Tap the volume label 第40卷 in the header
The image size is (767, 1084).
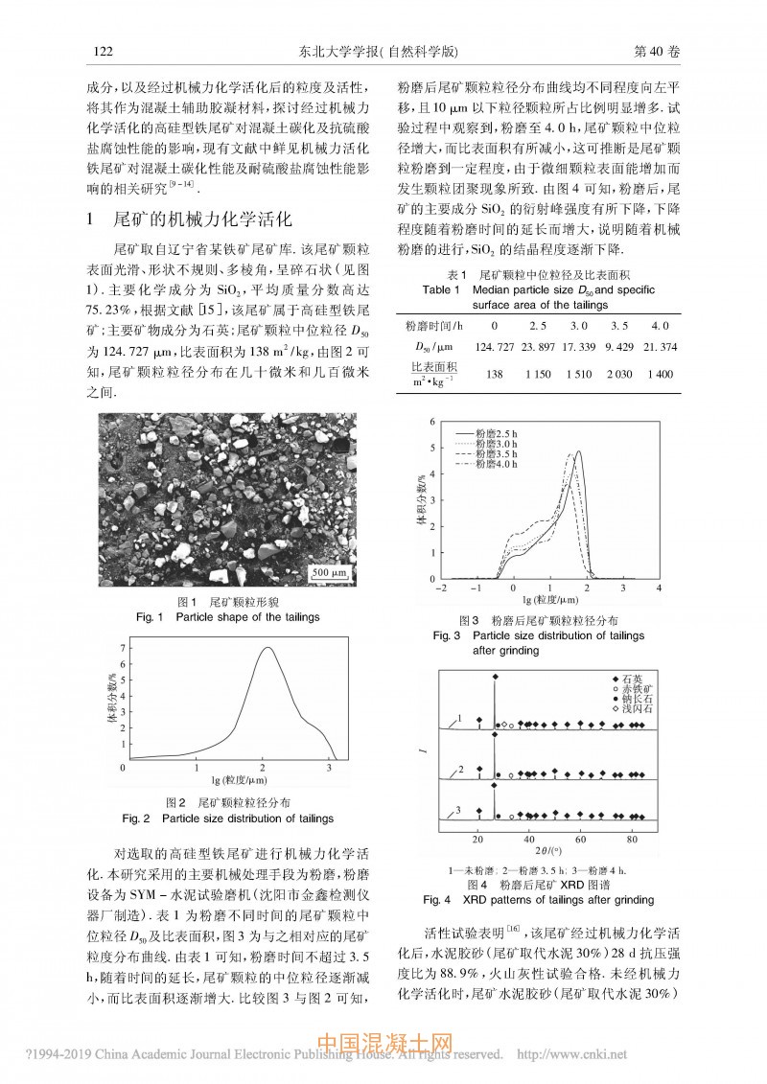[x=650, y=51]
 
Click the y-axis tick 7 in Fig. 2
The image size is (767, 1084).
[x=121, y=649]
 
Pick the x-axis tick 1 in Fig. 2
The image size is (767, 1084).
[x=195, y=769]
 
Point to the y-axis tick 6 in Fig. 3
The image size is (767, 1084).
[x=433, y=422]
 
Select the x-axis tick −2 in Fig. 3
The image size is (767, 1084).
[x=441, y=588]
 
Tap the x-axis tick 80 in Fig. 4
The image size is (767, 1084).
[x=632, y=839]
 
